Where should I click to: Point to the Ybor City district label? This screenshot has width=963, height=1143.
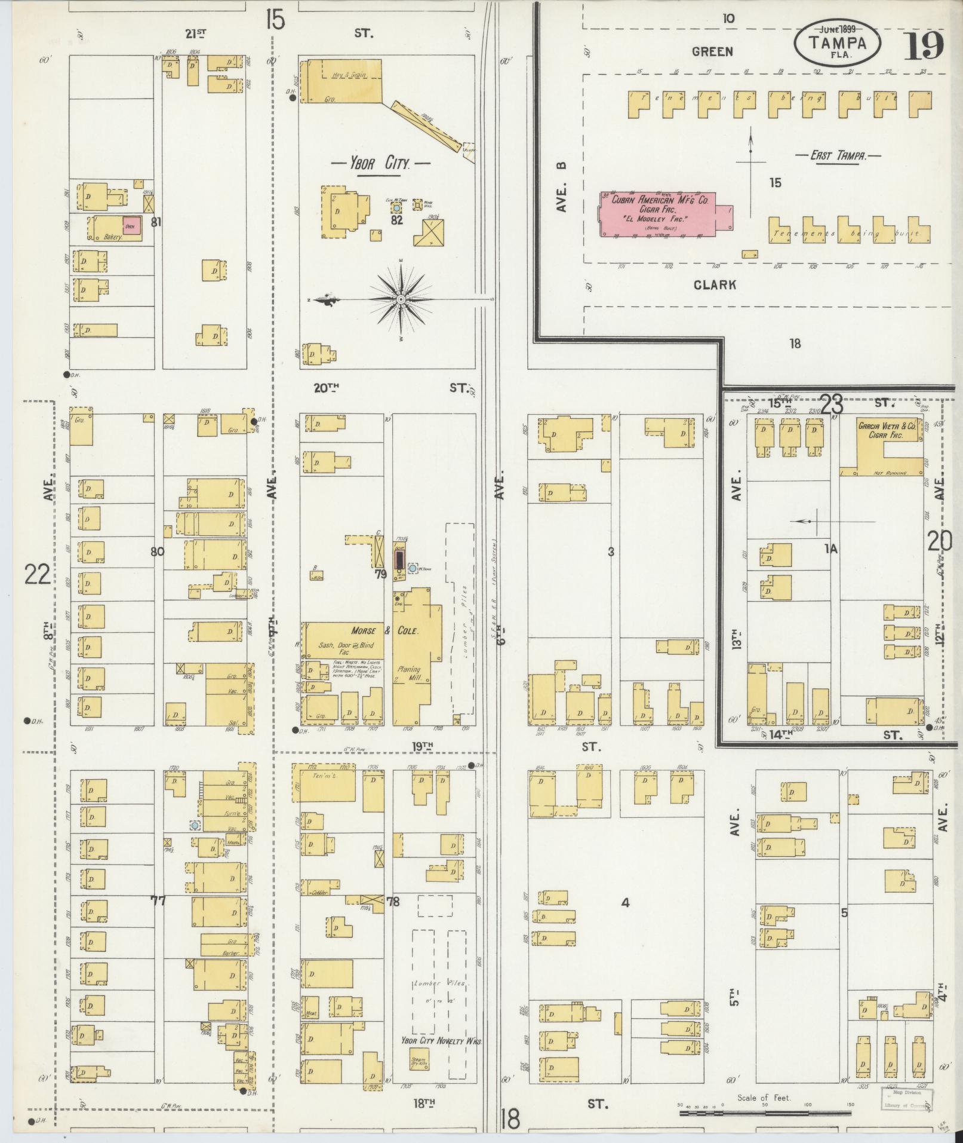point(381,163)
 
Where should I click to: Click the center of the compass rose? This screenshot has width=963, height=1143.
point(401,299)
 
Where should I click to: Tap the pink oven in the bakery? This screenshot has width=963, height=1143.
point(132,226)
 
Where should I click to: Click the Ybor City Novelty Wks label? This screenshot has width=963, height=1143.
point(441,1040)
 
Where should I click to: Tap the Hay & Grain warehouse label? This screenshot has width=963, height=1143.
point(349,75)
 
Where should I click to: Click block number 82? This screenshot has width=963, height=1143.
point(397,220)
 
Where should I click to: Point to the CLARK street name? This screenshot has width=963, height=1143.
point(715,285)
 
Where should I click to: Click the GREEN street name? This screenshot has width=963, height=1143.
point(712,52)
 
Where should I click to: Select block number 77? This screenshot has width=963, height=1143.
point(158,900)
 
